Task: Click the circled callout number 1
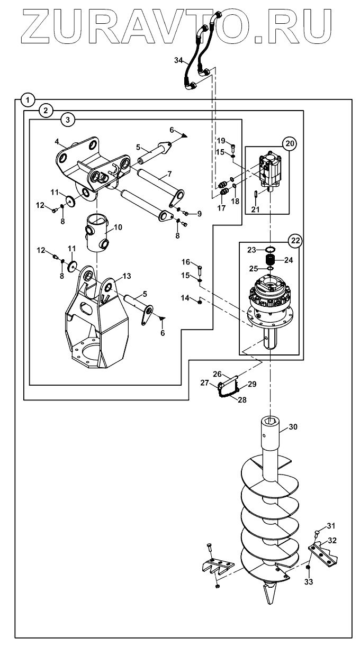[x=28, y=100]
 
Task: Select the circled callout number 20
[x=290, y=143]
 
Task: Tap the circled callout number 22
[x=295, y=241]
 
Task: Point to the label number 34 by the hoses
[x=179, y=61]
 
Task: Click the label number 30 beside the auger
[x=293, y=426]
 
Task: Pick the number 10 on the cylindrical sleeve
[x=118, y=227]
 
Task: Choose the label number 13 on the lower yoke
[x=127, y=276]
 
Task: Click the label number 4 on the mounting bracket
[x=57, y=142]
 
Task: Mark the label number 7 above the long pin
[x=169, y=174]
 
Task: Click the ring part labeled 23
[x=271, y=249]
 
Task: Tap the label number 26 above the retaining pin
[x=217, y=374]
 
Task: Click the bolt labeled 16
[x=200, y=271]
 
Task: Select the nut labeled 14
[x=200, y=302]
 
